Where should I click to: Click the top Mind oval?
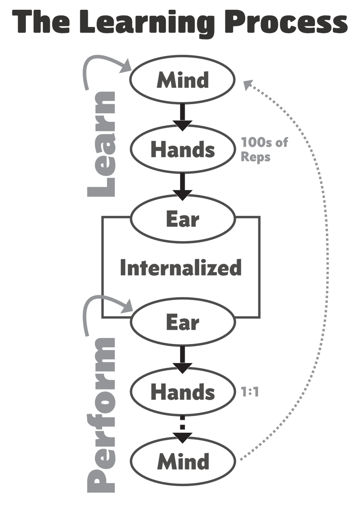pos(183,80)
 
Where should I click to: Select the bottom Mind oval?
pos(183,461)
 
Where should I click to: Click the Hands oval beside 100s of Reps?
pos(183,149)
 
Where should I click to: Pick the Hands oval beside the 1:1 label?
pos(183,392)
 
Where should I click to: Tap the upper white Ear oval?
pos(183,219)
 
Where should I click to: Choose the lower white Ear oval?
pos(183,322)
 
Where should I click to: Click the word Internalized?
pos(181,268)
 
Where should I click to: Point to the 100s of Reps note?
pos(264,149)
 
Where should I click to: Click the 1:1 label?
pos(250,392)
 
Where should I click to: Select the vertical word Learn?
pos(102,144)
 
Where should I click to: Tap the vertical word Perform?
pos(102,414)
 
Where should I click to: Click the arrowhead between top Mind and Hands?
pos(183,125)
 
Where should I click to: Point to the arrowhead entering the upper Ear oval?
pos(183,194)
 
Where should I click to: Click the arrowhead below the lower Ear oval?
pos(183,367)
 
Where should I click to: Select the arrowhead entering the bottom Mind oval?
pos(183,437)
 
